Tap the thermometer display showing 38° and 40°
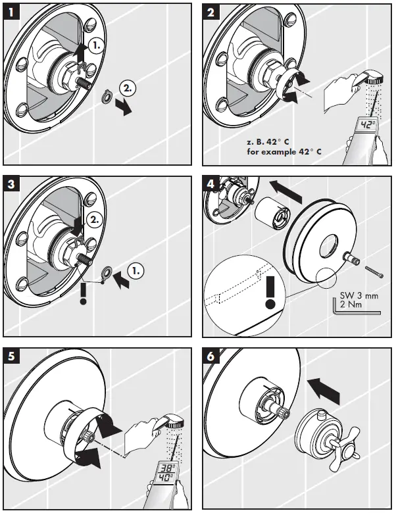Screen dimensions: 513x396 coord(165,472)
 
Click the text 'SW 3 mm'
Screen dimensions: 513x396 coord(359,296)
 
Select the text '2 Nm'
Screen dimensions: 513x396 coord(350,306)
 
